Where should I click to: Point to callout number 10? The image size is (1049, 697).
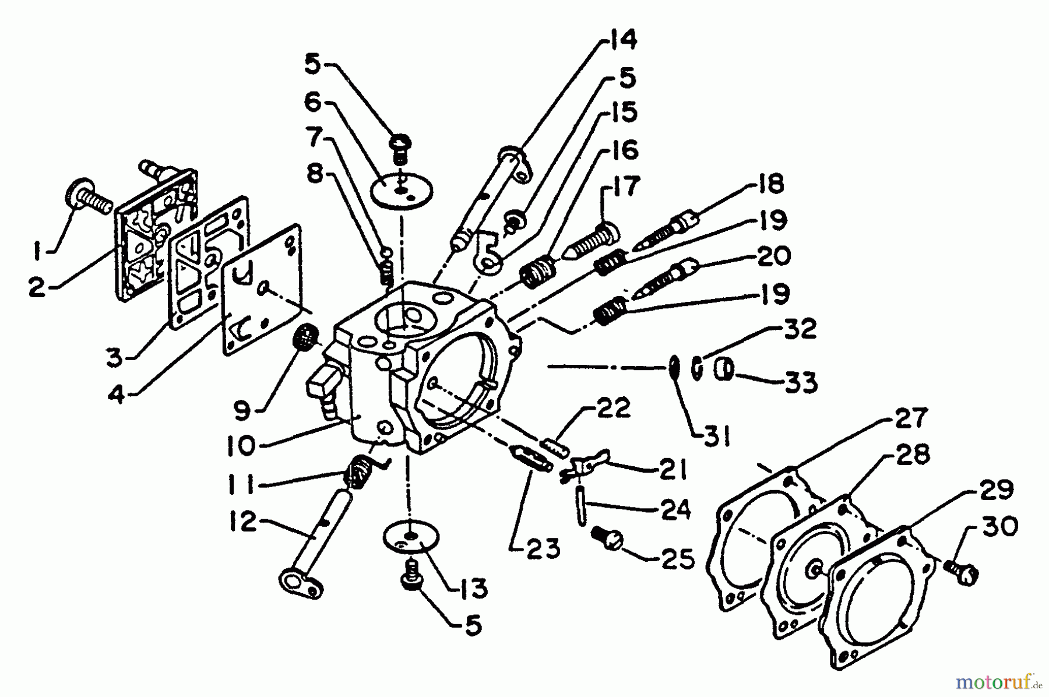[x=241, y=447]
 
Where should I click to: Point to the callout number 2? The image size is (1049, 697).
[x=38, y=286]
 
